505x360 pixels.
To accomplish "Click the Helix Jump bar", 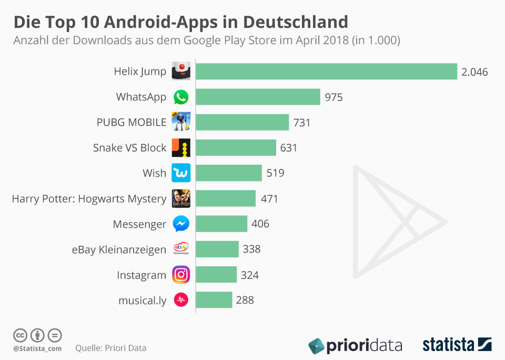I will tap(326, 72).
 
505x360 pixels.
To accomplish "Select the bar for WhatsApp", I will tap(258, 97).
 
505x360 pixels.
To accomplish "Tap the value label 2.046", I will tap(474, 72).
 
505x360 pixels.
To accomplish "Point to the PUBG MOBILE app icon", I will tap(181, 122).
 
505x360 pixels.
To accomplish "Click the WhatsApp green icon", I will tap(181, 97).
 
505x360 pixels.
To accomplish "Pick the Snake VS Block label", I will tap(129, 148).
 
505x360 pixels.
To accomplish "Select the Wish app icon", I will tap(181, 173).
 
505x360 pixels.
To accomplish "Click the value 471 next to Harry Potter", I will tap(269, 198).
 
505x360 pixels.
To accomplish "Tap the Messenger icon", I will tap(181, 224).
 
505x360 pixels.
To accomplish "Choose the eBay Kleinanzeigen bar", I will tap(217, 249).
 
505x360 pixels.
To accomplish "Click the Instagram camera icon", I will tap(181, 275).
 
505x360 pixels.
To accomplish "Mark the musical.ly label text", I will tap(143, 301).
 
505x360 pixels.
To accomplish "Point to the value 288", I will tap(245, 300).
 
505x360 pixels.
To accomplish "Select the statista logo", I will tap(457, 345).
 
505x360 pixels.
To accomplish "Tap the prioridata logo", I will tap(355, 345).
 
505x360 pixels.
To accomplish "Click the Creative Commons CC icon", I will tap(20, 335).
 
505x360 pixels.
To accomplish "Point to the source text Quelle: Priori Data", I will tap(110, 348).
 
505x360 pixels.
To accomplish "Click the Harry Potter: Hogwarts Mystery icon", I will tap(181, 198).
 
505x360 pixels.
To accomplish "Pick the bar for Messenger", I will tap(221, 224).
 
